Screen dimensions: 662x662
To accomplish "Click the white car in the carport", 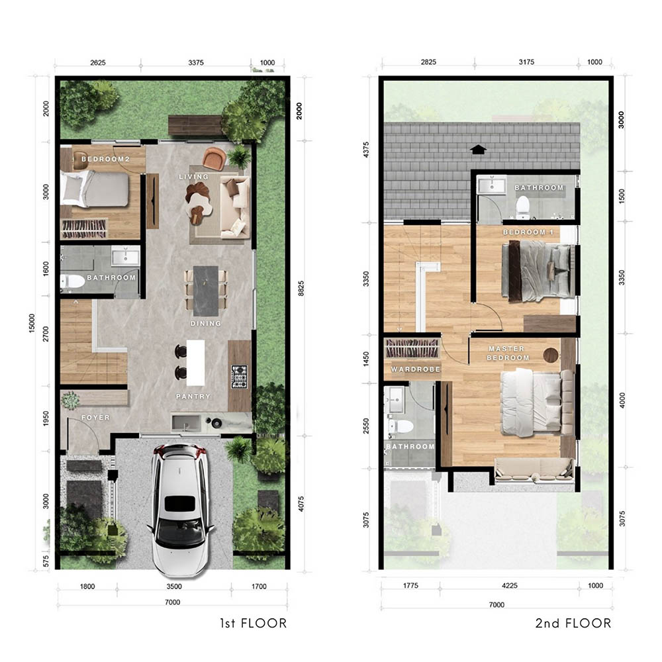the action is pyautogui.click(x=180, y=510).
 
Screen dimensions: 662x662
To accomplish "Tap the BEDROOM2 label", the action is pyautogui.click(x=105, y=159).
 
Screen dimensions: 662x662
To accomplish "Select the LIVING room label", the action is pyautogui.click(x=194, y=177).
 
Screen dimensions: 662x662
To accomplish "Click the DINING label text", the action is pyautogui.click(x=206, y=324).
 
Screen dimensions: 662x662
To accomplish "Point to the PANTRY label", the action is pyautogui.click(x=193, y=397).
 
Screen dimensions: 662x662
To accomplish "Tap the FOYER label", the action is pyautogui.click(x=95, y=418).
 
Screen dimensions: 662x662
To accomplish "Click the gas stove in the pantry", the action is pyautogui.click(x=240, y=377).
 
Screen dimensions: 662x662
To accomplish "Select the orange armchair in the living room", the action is pyautogui.click(x=214, y=159).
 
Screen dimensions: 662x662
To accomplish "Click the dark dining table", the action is pyautogui.click(x=206, y=291).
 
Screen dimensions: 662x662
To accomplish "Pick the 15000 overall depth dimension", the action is pyautogui.click(x=32, y=323).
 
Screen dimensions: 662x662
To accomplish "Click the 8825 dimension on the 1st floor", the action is pyautogui.click(x=301, y=289).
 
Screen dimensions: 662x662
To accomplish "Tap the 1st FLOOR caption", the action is pyautogui.click(x=254, y=623).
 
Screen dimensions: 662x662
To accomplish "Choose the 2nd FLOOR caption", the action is pyautogui.click(x=573, y=623).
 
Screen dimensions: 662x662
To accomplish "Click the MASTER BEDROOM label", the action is pyautogui.click(x=508, y=354).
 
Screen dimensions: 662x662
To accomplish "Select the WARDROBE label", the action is pyautogui.click(x=416, y=369).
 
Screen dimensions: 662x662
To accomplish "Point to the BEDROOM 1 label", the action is pyautogui.click(x=528, y=232).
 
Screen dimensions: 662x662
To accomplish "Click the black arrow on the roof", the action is pyautogui.click(x=478, y=150).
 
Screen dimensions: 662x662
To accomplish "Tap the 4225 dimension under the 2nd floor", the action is pyautogui.click(x=510, y=586).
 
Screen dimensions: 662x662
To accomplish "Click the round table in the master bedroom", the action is pyautogui.click(x=551, y=355).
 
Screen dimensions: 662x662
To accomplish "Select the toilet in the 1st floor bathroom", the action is pyautogui.click(x=72, y=281).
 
